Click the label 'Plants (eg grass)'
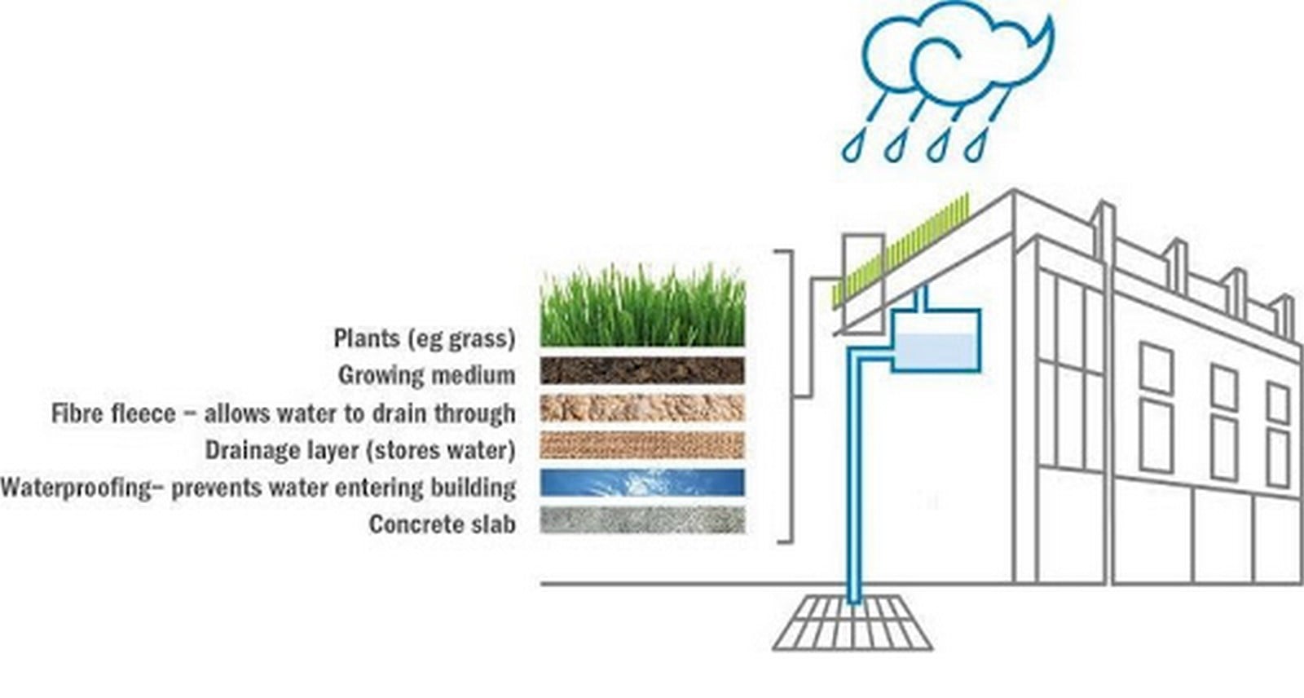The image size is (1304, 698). [x=425, y=338]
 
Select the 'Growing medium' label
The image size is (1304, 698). [x=427, y=374]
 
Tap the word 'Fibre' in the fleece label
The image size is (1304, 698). [x=81, y=413]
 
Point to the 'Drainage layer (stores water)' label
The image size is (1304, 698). [x=360, y=450]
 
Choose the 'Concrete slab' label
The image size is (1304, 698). [x=443, y=524]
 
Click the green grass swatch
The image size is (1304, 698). [x=643, y=305]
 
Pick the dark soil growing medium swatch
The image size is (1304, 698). [x=643, y=370]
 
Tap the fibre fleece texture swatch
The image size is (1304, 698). [x=643, y=408]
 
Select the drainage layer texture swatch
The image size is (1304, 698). [x=643, y=445]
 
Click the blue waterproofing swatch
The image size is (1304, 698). [x=643, y=483]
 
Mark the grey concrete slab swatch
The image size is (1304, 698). [x=643, y=519]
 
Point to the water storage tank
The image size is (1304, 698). [x=936, y=341]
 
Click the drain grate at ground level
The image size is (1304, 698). [x=852, y=622]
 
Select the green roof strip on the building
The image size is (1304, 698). [x=901, y=250]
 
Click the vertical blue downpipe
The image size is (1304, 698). [x=853, y=478]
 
